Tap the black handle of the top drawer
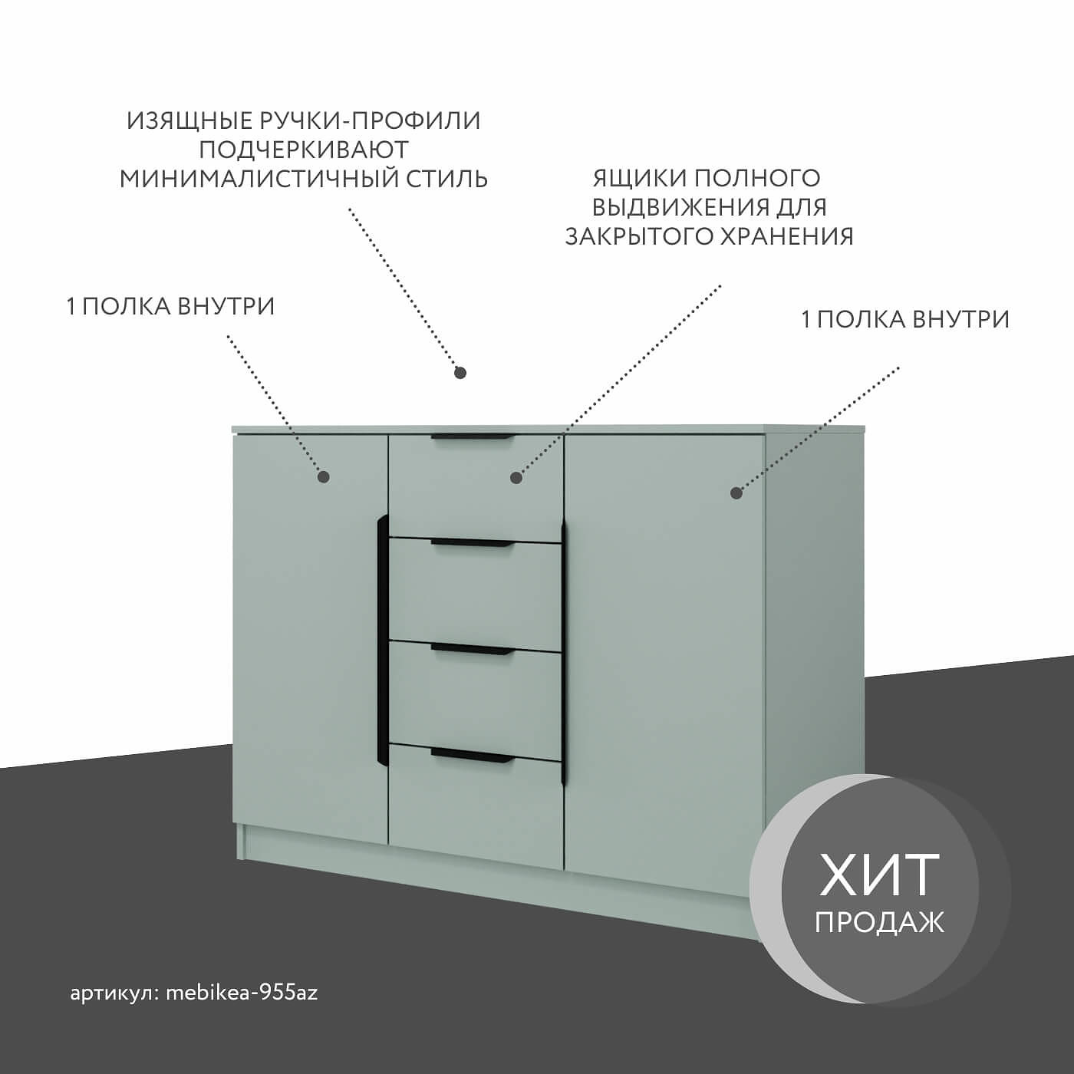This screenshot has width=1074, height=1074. click(472, 437)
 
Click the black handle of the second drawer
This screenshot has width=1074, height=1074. click(472, 543)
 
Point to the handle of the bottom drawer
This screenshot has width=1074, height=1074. click(472, 755)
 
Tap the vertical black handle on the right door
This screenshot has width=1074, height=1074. click(564, 652)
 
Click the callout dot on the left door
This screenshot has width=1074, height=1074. click(324, 476)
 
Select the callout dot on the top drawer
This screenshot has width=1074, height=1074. click(516, 478)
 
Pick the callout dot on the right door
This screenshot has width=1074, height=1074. click(736, 493)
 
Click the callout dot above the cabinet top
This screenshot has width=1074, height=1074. click(460, 372)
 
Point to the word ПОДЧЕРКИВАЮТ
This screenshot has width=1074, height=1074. click(304, 150)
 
